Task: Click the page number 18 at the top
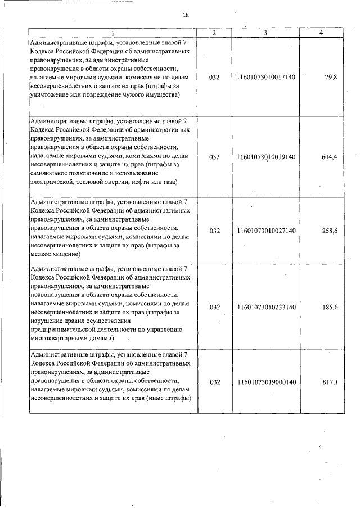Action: (186, 15)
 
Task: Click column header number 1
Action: (112, 33)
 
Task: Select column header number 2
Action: (214, 33)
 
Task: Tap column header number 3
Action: (265, 33)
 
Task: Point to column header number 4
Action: (321, 33)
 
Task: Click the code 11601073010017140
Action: (266, 76)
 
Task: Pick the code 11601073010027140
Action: (266, 230)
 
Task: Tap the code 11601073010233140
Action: (266, 307)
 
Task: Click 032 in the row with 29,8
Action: (214, 76)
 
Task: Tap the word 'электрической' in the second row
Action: (51, 182)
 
